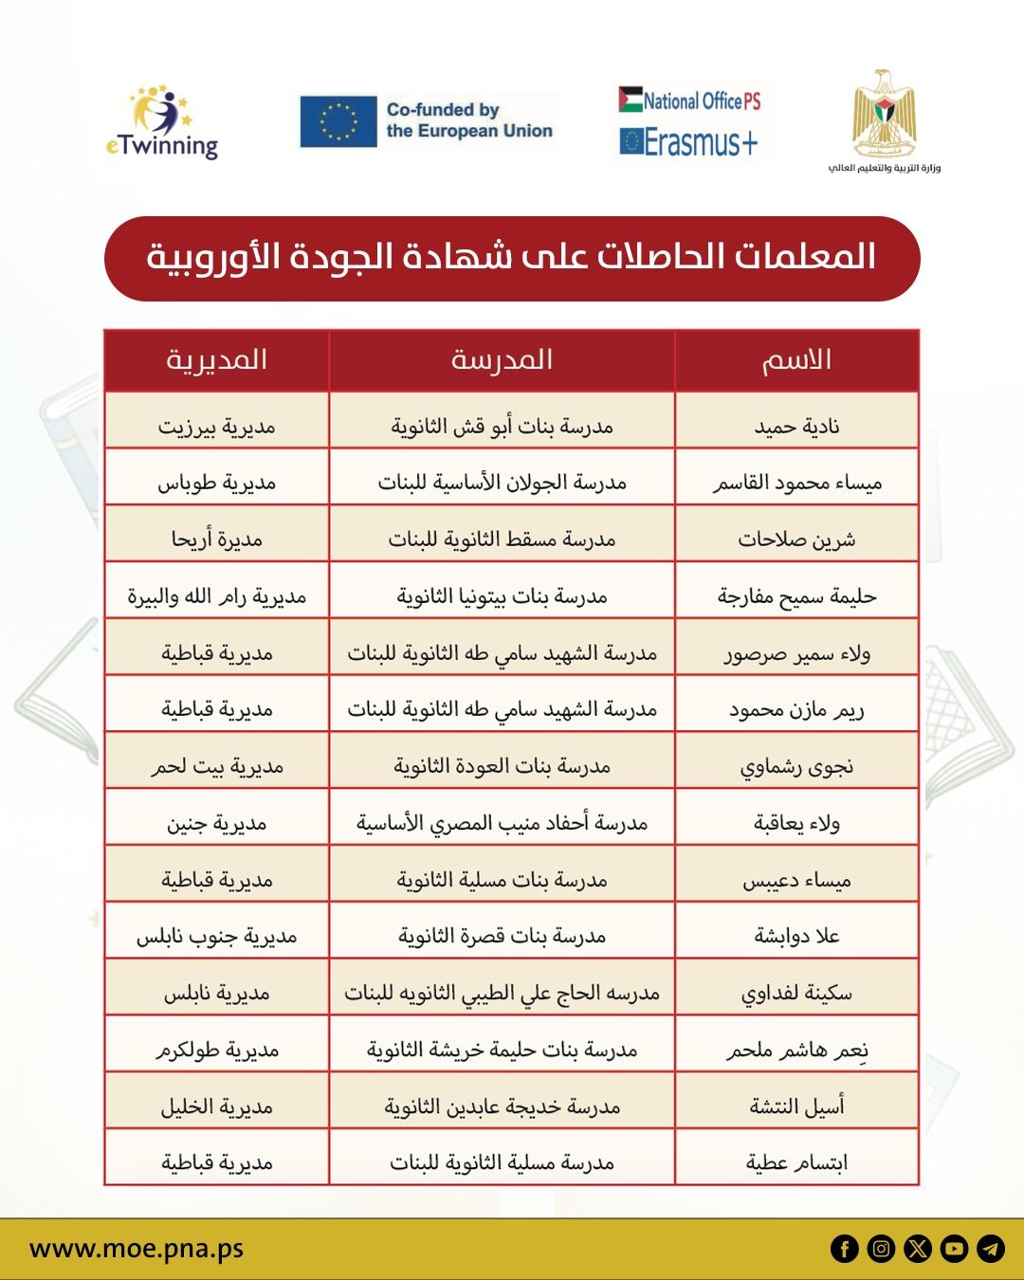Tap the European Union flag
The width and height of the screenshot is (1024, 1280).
coord(338,121)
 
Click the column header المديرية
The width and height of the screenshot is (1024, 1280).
coord(216,360)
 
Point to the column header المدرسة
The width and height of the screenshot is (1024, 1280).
coord(502,360)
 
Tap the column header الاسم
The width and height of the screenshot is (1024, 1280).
coord(796,360)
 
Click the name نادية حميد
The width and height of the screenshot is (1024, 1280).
coord(796,427)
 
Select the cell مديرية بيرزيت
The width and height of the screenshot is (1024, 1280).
coord(216,427)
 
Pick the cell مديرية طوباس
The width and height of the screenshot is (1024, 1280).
coord(216,483)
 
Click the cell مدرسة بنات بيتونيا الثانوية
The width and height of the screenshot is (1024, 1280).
coord(502,596)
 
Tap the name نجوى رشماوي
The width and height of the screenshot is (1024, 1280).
coord(796,766)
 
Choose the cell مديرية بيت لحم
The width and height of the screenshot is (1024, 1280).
coord(216,766)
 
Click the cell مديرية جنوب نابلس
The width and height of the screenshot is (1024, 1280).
coord(216,937)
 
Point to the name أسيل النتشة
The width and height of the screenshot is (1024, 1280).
coord(796,1106)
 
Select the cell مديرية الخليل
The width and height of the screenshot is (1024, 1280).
coord(216,1106)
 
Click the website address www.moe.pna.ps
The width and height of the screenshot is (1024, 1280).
coord(137,1249)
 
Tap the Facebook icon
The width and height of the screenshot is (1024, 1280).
coord(844,1249)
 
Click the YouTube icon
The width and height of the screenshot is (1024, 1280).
coord(954,1249)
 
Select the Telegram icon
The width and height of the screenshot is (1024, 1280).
coord(991,1249)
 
